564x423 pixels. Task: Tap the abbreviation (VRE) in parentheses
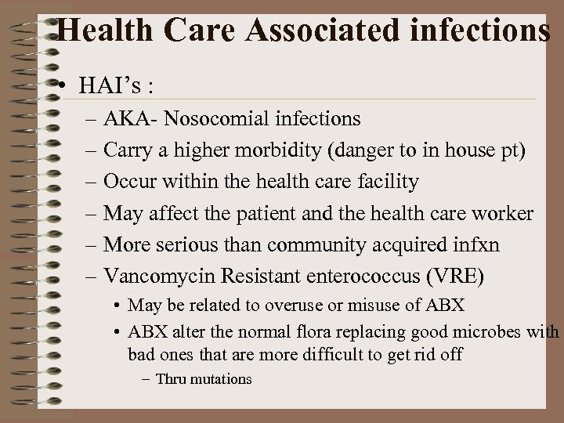coord(461,277)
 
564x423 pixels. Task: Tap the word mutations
coord(219,379)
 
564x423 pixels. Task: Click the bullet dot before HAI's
coord(69,85)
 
